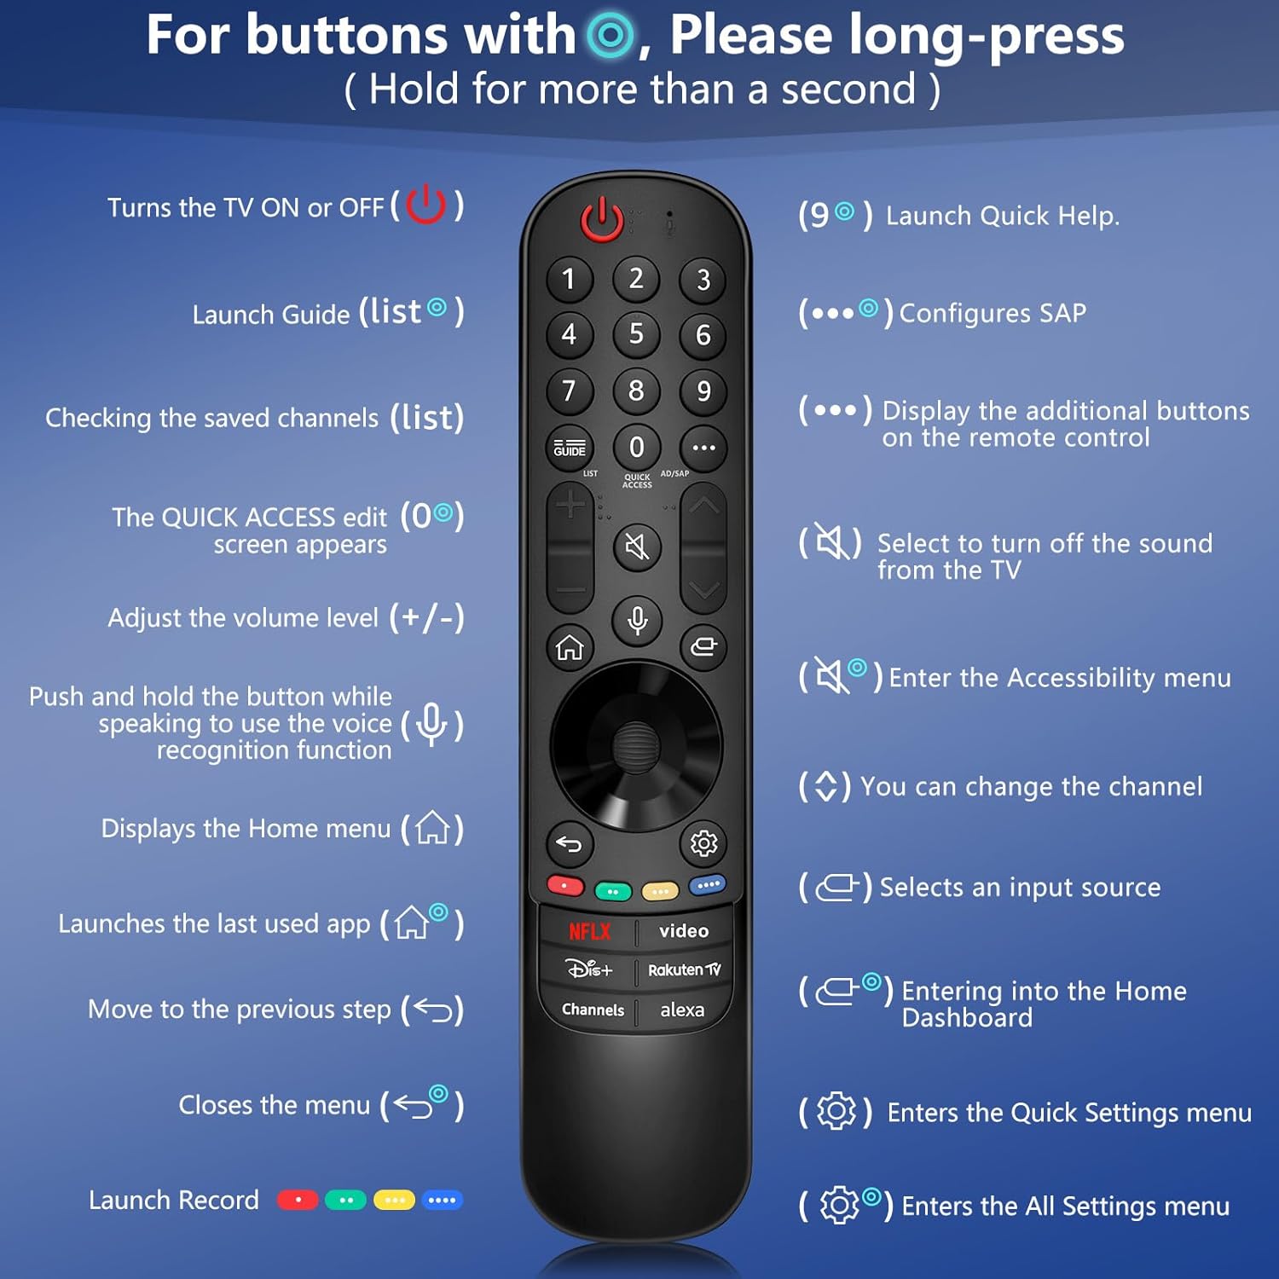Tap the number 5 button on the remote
click(x=636, y=334)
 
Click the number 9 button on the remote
click(x=703, y=391)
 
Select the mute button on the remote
click(x=637, y=546)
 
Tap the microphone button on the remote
click(x=637, y=620)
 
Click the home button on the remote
click(x=570, y=648)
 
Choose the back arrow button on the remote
click(x=569, y=844)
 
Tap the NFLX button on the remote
click(x=589, y=931)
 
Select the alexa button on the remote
click(x=682, y=1010)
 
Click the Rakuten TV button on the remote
click(x=684, y=970)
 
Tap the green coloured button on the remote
click(x=613, y=892)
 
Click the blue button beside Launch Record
click(x=442, y=1200)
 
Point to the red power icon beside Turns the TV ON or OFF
click(x=425, y=205)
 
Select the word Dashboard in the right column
click(x=967, y=1017)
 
